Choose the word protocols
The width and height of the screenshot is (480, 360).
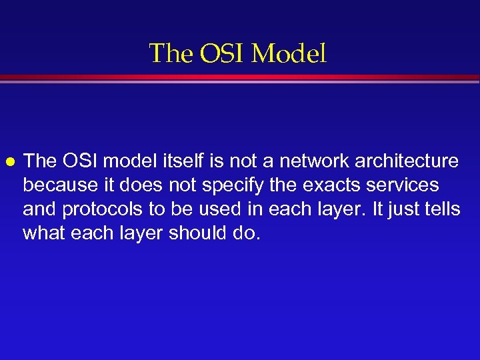(103, 209)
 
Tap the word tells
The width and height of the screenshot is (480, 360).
(441, 209)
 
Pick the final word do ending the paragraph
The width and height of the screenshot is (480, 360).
(245, 233)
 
